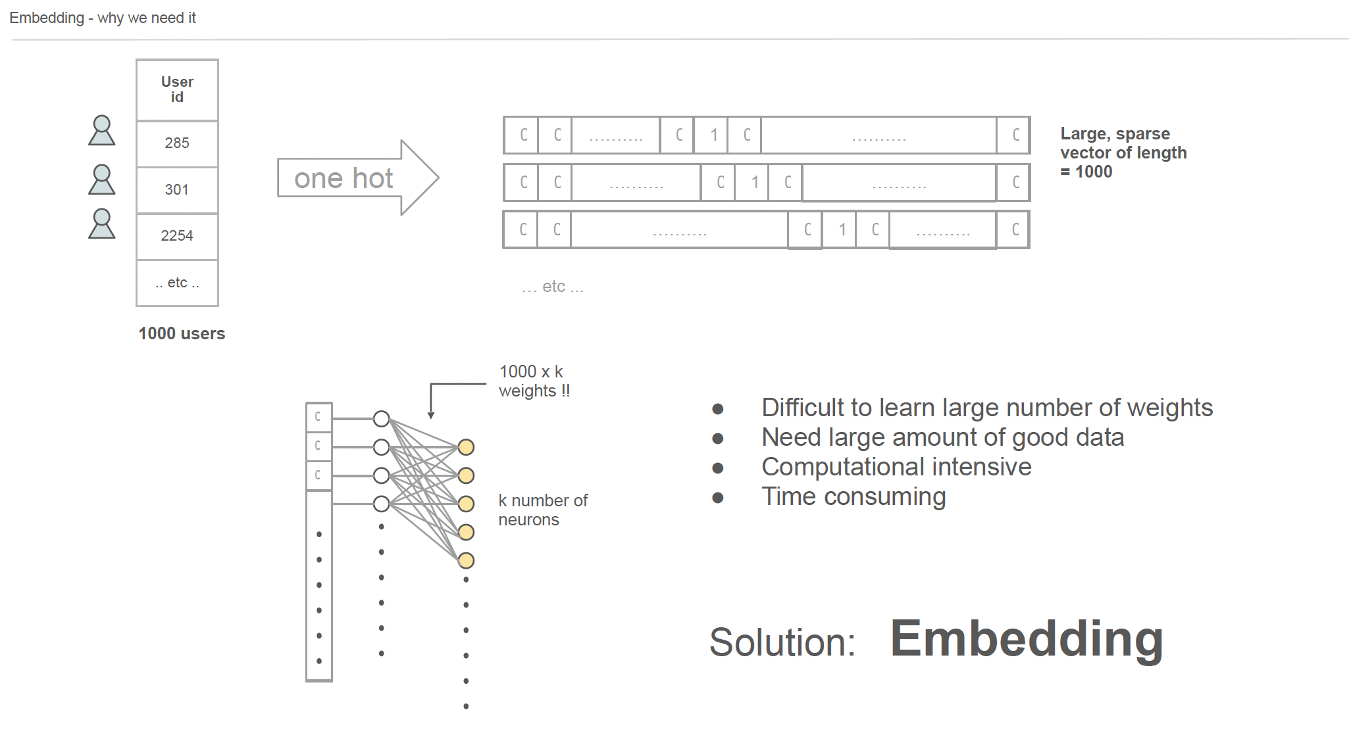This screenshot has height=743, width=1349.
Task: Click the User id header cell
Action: pyautogui.click(x=177, y=89)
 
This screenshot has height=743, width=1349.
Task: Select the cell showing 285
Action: pyautogui.click(x=177, y=143)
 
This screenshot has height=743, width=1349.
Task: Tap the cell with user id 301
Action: pyautogui.click(x=177, y=189)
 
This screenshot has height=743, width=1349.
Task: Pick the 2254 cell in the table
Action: pyautogui.click(x=177, y=235)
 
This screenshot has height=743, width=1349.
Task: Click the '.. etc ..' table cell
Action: pyautogui.click(x=177, y=283)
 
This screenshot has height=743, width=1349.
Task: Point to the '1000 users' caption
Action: pyautogui.click(x=182, y=333)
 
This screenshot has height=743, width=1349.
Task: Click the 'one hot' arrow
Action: pyautogui.click(x=355, y=178)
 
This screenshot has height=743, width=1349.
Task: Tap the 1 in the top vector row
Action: pyautogui.click(x=714, y=135)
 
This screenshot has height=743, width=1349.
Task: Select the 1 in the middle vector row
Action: pyautogui.click(x=755, y=182)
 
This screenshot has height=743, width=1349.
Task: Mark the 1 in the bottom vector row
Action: pyautogui.click(x=842, y=229)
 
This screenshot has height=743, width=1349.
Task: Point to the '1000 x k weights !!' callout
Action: pyautogui.click(x=534, y=381)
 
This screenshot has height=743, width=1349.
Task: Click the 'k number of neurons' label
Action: pyautogui.click(x=542, y=510)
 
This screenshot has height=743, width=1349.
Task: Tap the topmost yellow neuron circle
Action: pyautogui.click(x=466, y=447)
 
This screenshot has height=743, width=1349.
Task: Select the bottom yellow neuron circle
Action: pyautogui.click(x=466, y=560)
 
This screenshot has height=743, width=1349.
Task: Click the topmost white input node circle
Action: pyautogui.click(x=381, y=418)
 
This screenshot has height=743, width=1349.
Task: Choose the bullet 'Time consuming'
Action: pyautogui.click(x=853, y=496)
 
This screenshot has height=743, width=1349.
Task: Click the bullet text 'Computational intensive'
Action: pyautogui.click(x=896, y=467)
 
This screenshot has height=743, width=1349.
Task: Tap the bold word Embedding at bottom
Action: pyautogui.click(x=1026, y=638)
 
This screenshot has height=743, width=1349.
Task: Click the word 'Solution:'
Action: pyautogui.click(x=782, y=642)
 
